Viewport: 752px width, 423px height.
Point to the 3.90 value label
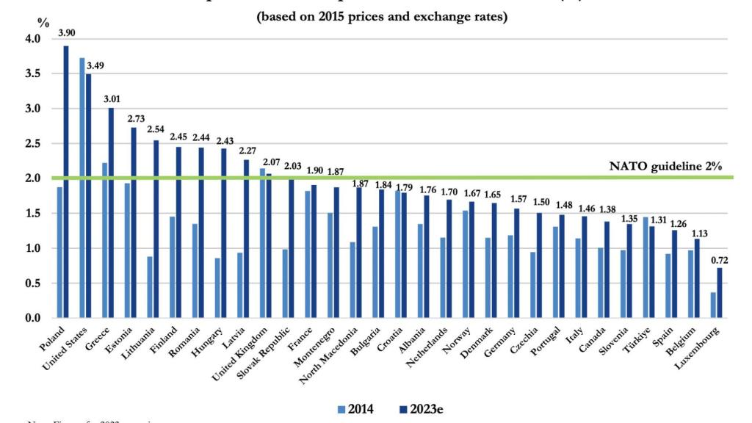coord(66,33)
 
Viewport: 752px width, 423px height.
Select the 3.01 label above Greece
coord(110,99)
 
